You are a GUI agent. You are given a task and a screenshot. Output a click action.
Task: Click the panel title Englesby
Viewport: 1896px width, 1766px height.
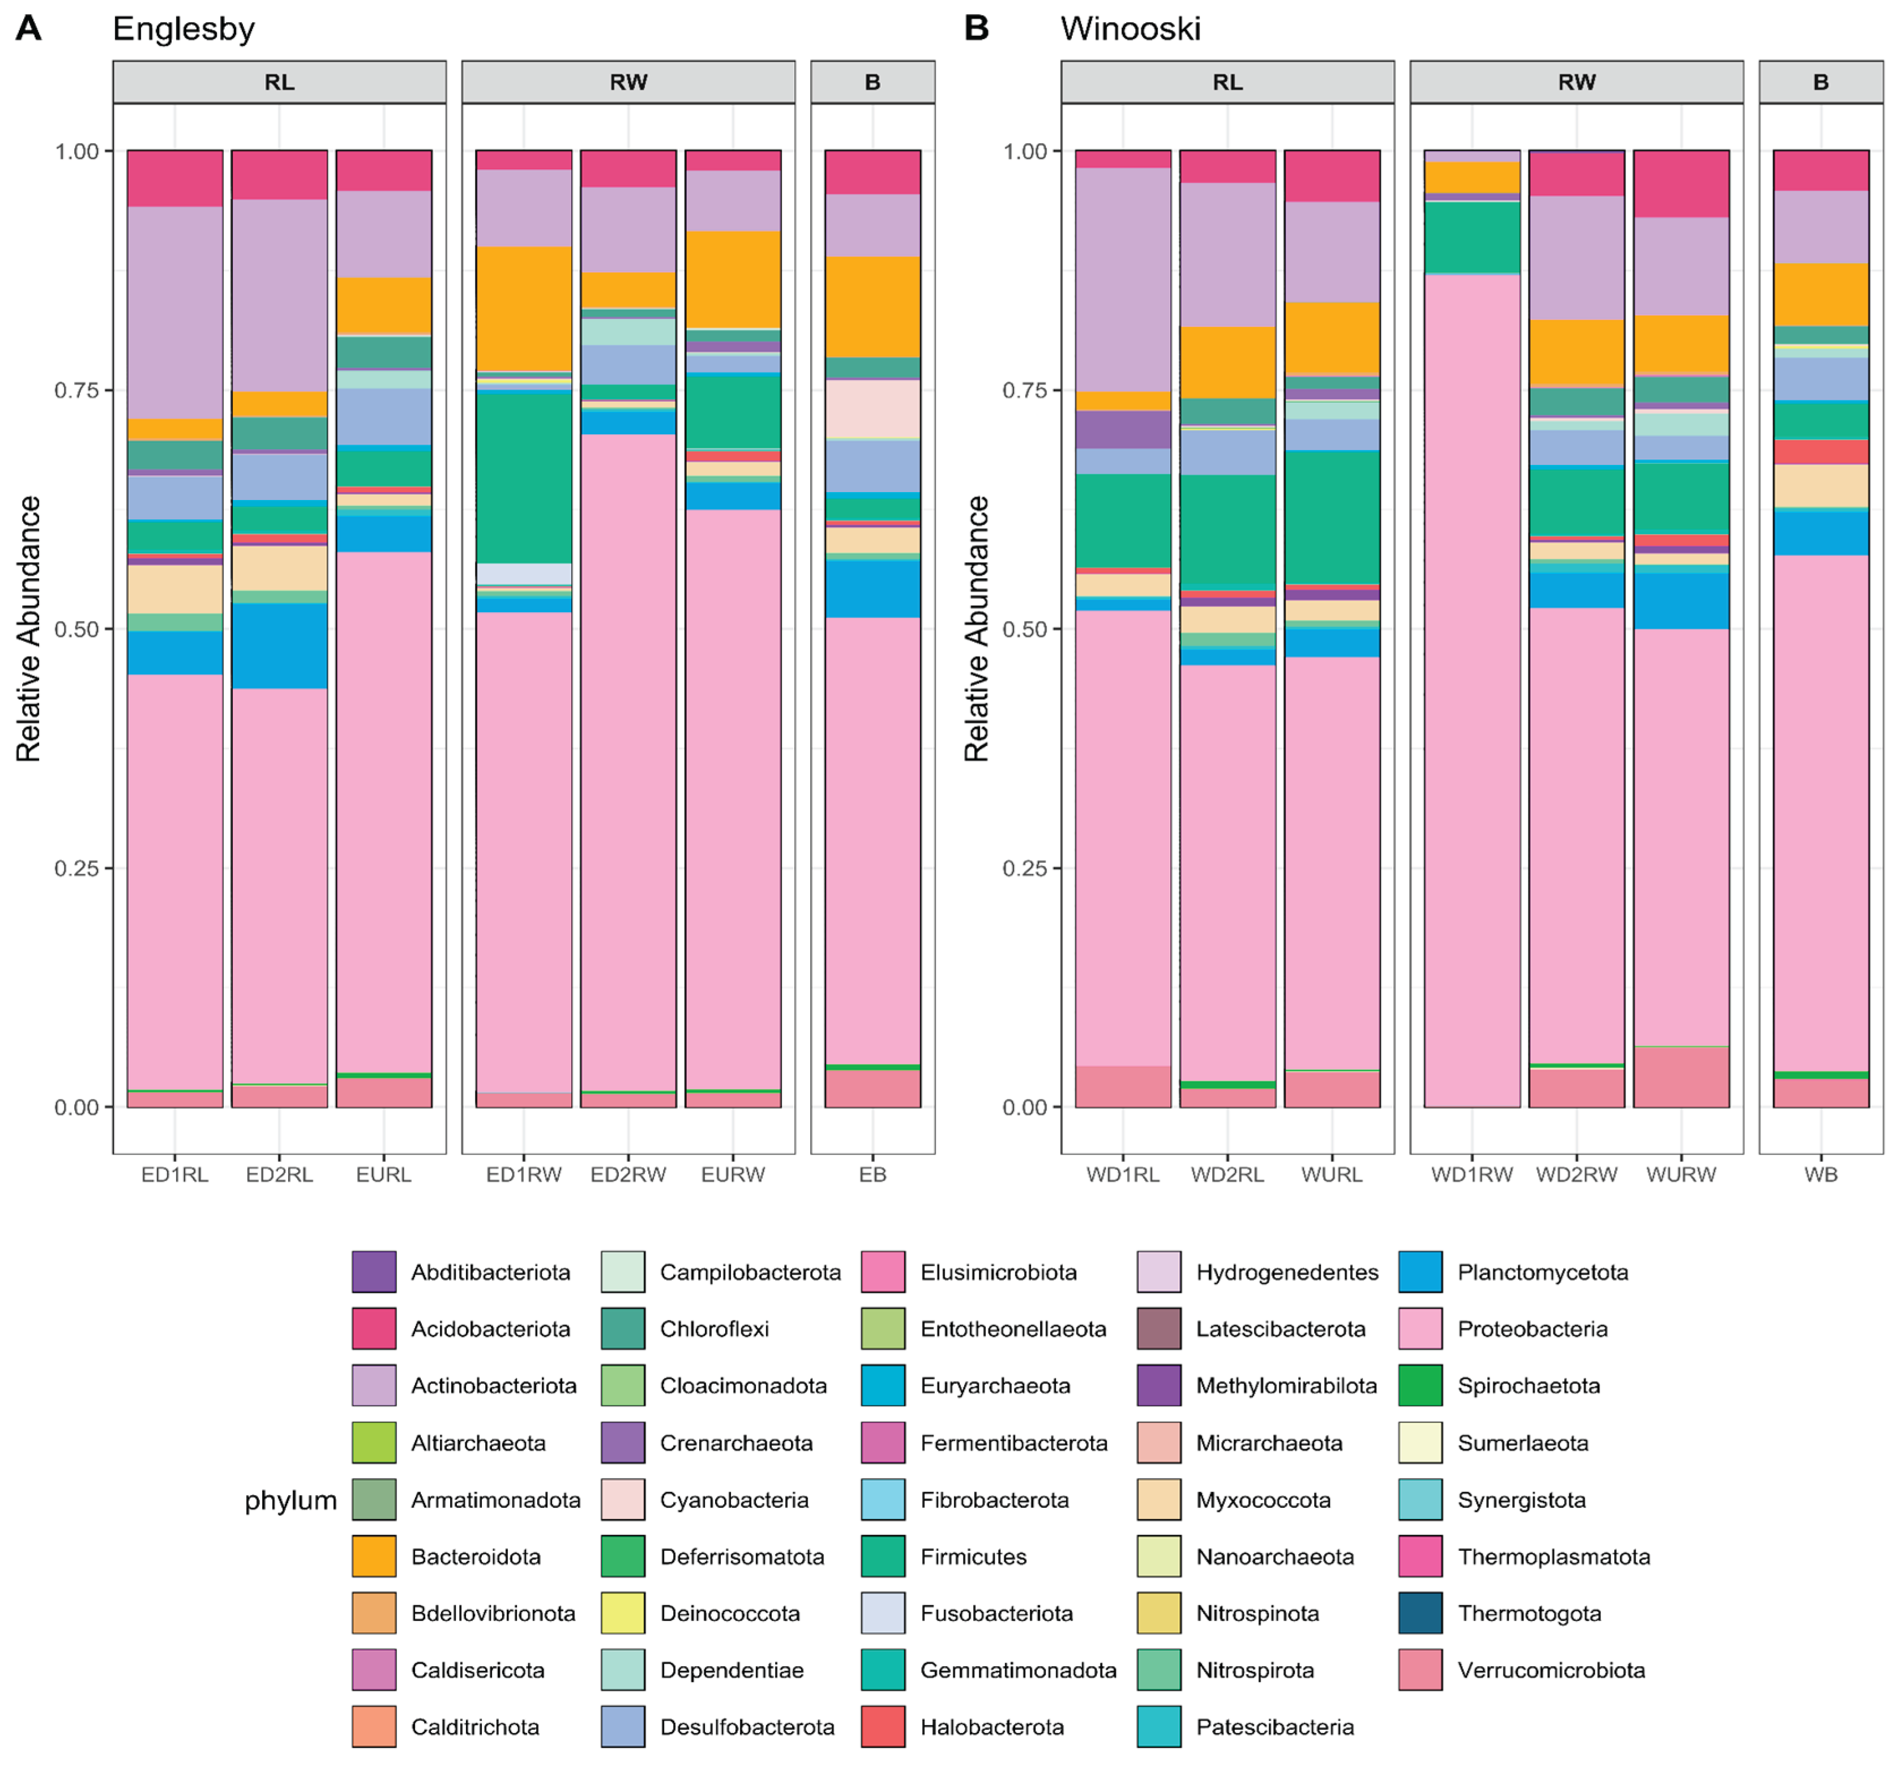tap(183, 29)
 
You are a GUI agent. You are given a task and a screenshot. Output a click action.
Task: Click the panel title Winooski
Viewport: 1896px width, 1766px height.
tap(1130, 29)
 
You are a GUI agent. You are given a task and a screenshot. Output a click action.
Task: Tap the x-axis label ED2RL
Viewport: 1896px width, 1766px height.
tap(280, 1174)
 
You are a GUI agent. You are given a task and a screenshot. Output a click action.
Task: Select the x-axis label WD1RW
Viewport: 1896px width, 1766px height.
tap(1471, 1174)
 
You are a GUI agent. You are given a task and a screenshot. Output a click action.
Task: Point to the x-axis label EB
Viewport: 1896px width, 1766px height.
tap(872, 1174)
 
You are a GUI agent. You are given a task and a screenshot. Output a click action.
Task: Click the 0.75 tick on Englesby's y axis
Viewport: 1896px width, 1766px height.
tap(76, 390)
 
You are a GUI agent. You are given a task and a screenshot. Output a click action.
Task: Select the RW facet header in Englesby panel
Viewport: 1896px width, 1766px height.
tap(628, 82)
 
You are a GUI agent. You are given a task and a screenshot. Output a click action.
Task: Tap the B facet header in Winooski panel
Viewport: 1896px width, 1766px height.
tap(1821, 82)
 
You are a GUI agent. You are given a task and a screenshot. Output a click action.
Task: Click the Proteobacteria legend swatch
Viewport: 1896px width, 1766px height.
tap(1420, 1329)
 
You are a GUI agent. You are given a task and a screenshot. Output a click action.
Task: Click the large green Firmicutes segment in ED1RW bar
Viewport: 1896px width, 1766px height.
tap(524, 477)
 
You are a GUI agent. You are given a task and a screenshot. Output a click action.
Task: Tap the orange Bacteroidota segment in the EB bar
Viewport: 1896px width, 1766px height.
tap(872, 307)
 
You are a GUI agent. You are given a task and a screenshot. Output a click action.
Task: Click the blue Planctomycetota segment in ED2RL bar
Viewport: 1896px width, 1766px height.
tap(280, 646)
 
